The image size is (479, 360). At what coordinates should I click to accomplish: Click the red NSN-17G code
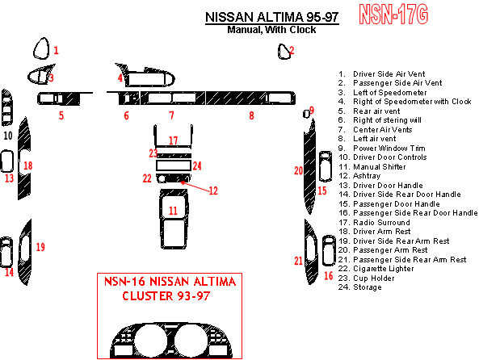(393, 15)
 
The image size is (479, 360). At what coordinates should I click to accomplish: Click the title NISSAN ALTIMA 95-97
(272, 17)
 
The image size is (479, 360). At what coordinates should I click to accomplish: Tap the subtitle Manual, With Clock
(271, 30)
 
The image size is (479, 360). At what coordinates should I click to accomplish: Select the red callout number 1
(56, 50)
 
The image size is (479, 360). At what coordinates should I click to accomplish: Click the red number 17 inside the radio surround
(173, 140)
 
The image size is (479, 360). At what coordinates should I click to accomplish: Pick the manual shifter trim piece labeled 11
(174, 219)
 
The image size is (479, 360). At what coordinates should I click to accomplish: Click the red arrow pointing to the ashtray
(195, 186)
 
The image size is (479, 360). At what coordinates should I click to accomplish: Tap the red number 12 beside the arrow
(213, 190)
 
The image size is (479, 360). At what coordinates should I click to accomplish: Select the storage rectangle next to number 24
(174, 165)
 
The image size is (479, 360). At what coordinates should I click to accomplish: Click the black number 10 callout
(8, 136)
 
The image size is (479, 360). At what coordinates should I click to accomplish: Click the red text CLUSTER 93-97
(166, 296)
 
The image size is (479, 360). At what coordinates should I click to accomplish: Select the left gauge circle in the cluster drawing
(150, 340)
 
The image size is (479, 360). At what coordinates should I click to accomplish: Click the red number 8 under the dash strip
(251, 115)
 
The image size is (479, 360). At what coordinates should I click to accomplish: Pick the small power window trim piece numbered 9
(306, 114)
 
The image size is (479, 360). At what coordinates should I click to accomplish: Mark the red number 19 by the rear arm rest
(40, 247)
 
